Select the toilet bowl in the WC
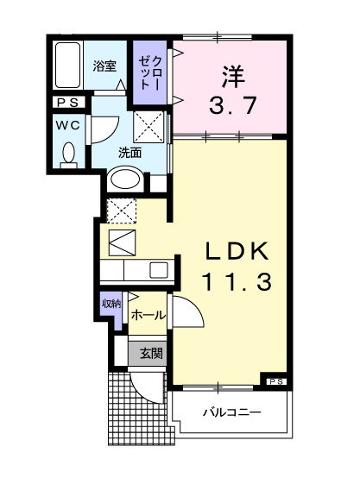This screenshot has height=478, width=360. (68, 154)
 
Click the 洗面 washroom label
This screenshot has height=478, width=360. (129, 152)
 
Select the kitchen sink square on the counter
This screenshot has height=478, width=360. (158, 269)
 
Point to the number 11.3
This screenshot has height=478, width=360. (237, 281)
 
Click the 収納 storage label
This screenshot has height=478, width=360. (111, 303)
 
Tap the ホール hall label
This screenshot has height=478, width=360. (148, 317)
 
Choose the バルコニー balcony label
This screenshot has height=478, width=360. (231, 412)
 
